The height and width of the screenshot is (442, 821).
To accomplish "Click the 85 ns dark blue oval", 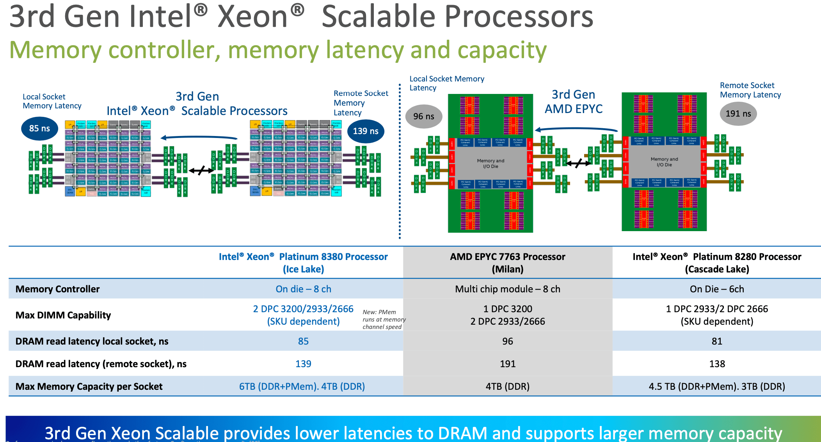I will pos(39,128).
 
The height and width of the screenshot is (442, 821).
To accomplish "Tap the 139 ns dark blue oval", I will pos(366,131).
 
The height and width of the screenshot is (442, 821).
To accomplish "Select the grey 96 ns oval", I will pos(424,116).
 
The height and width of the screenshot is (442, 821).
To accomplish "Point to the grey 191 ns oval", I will pos(738,113).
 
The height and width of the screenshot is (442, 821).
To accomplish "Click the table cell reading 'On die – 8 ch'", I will pos(303,289).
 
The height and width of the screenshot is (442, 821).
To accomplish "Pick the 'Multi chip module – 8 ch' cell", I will pos(507,289).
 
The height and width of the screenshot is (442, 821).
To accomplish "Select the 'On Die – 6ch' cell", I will pos(717,289).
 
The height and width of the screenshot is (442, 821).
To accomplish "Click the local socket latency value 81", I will pos(717,341).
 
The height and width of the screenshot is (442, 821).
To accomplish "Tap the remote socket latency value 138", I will pos(717,364).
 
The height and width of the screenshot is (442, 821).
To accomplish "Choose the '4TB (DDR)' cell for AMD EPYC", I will pos(507,386).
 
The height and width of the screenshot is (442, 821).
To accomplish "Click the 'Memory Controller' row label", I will pos(57,289).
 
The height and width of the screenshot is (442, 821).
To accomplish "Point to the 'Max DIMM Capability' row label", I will pos(63,315).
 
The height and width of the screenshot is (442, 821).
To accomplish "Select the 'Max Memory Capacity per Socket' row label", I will pos(89,386).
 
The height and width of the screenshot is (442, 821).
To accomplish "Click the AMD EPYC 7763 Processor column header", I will pos(507,262).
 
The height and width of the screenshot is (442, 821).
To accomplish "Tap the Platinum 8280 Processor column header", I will pos(717,262).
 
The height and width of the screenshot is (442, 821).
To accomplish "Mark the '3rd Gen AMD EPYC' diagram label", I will pos(573,101).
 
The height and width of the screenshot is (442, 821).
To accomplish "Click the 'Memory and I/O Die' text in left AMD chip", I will pos(490,163).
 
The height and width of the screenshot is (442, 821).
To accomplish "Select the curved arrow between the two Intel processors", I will pos(199,137).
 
